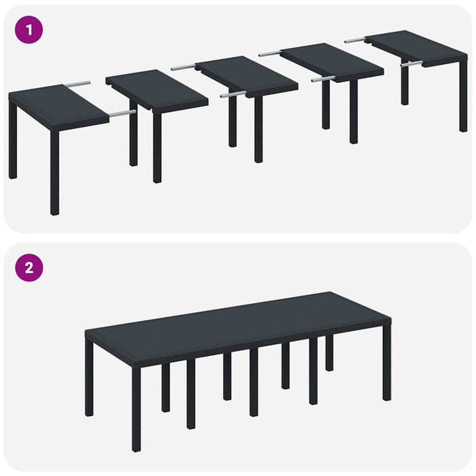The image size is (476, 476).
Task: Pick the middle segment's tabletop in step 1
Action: point(246,75)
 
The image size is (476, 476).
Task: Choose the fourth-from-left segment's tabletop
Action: point(331,61)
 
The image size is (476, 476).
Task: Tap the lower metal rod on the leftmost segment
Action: point(122,114)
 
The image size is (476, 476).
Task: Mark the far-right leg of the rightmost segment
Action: point(463,95)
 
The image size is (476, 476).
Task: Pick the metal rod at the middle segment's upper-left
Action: point(183,67)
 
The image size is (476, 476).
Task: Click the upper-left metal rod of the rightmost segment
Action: point(355,40)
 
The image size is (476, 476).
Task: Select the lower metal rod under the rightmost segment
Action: point(411,65)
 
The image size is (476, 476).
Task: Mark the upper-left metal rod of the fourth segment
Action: point(270,54)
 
